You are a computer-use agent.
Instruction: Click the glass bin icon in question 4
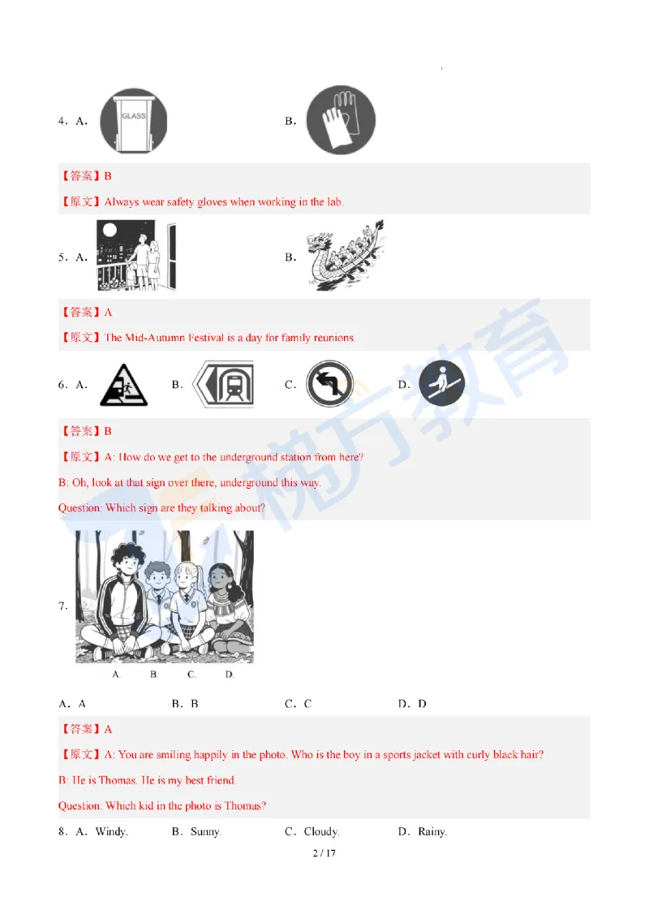[x=134, y=121]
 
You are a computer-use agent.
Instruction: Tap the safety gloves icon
[x=341, y=120]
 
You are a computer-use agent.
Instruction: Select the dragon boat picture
[x=346, y=256]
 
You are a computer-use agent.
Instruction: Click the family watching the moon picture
[x=136, y=256]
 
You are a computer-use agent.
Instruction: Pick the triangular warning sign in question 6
[x=123, y=385]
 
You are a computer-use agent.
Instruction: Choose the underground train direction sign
[x=223, y=385]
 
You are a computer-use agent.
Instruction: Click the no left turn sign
[x=329, y=385]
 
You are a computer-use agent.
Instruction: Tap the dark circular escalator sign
[x=441, y=383]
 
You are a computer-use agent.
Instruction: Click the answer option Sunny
[x=205, y=831]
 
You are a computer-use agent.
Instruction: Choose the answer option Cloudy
[x=321, y=831]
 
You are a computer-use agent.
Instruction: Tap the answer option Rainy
[x=432, y=831]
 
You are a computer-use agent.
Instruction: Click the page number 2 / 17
[x=324, y=853]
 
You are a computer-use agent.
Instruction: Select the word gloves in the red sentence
[x=212, y=202]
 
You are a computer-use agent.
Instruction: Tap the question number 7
[x=62, y=606]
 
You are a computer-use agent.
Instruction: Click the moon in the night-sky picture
[x=110, y=231]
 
